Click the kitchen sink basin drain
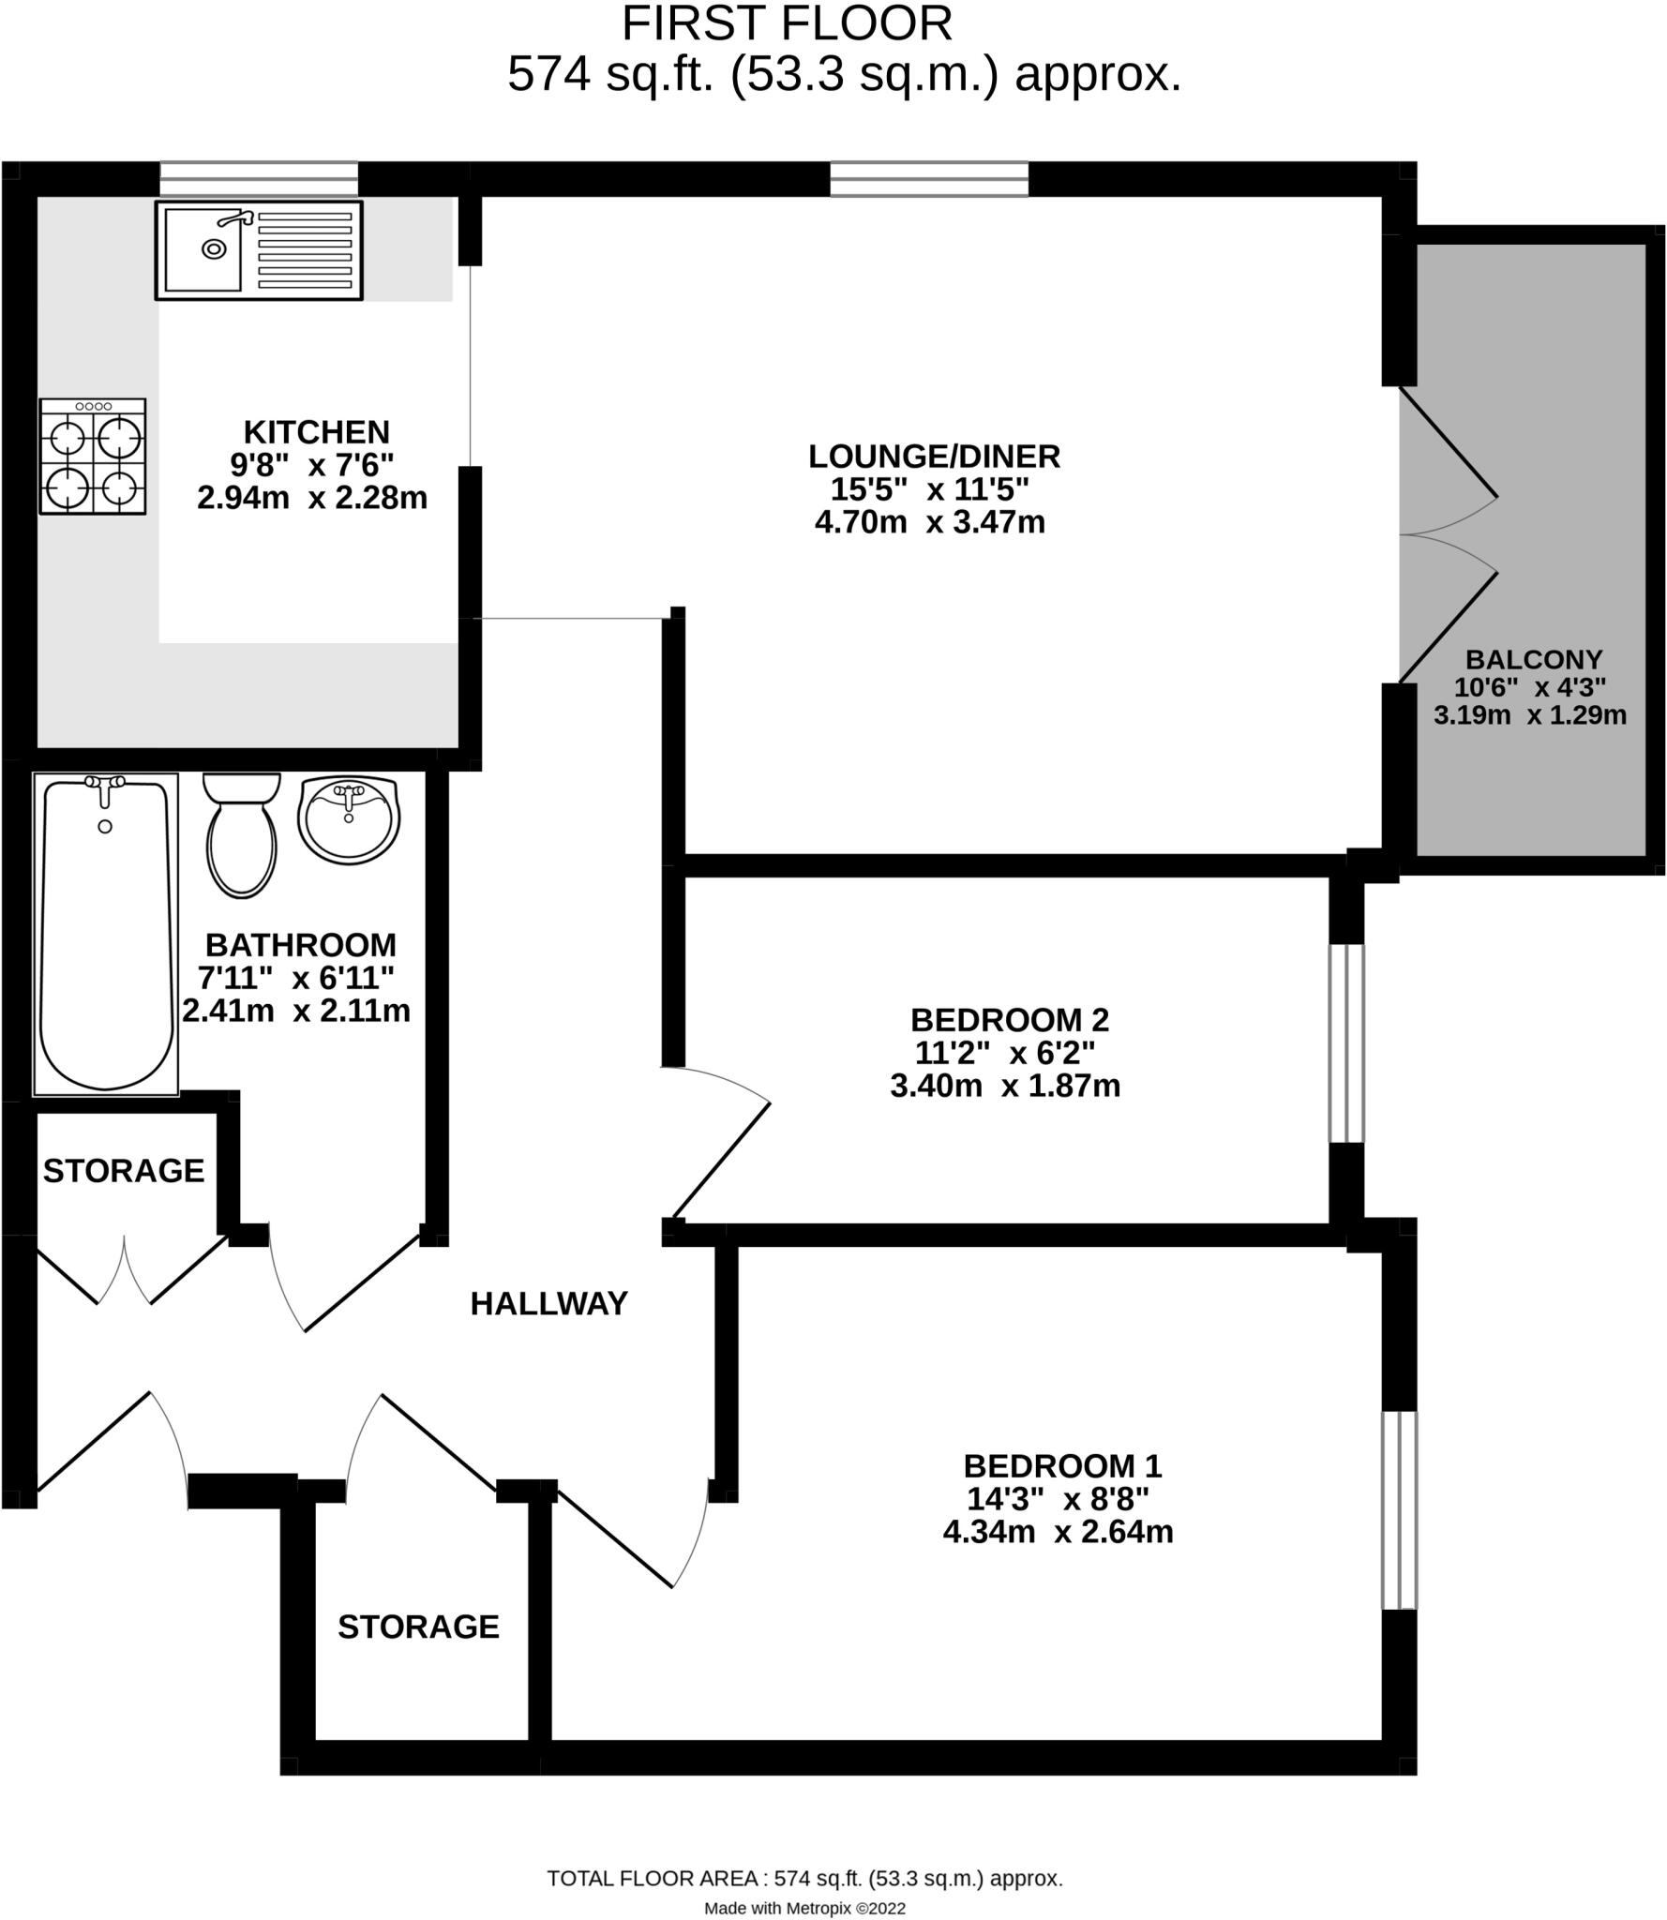(215, 249)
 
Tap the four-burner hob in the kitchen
(93, 457)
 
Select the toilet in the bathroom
(242, 834)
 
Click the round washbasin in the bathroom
(349, 819)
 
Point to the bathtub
(106, 935)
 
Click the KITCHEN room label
(316, 432)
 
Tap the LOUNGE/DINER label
(934, 457)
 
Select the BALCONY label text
(1534, 659)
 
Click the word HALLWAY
(548, 1303)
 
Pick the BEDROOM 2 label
(1009, 1019)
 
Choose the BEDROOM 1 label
(1062, 1465)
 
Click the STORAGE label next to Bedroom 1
(418, 1627)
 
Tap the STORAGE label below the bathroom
(124, 1171)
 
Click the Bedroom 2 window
(1347, 1042)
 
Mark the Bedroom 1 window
(1400, 1509)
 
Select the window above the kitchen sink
(259, 178)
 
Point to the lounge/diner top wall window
(929, 178)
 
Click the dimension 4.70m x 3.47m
(929, 522)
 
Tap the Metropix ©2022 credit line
(804, 1908)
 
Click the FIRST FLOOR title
(787, 23)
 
